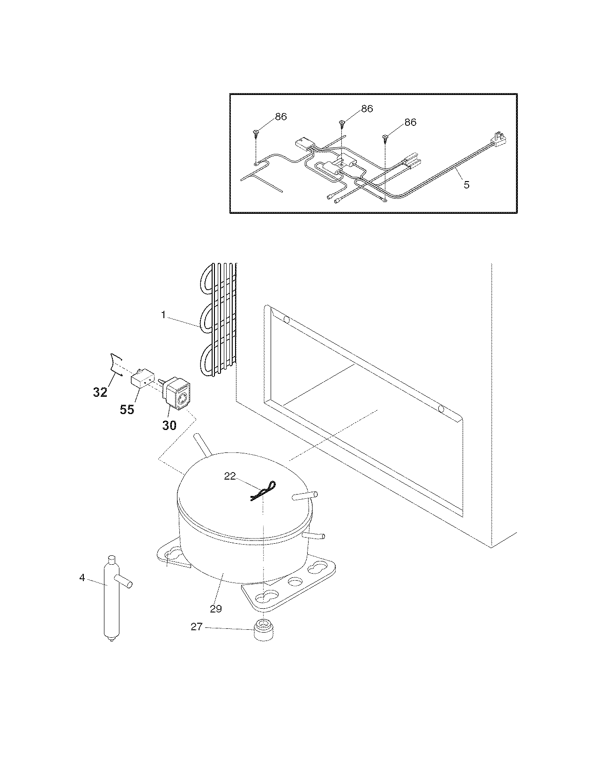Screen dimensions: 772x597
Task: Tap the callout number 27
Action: (196, 626)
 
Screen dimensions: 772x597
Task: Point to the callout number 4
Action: (82, 578)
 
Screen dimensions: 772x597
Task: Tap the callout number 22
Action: (230, 476)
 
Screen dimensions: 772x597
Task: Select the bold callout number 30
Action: (170, 425)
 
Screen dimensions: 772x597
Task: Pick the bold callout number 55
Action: (127, 409)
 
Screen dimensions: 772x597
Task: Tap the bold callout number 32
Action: (100, 392)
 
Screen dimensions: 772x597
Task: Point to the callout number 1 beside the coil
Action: (163, 315)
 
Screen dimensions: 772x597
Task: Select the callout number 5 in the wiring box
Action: (466, 184)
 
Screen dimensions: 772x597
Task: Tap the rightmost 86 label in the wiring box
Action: (410, 122)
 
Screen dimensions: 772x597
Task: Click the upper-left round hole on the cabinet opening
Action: (287, 320)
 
